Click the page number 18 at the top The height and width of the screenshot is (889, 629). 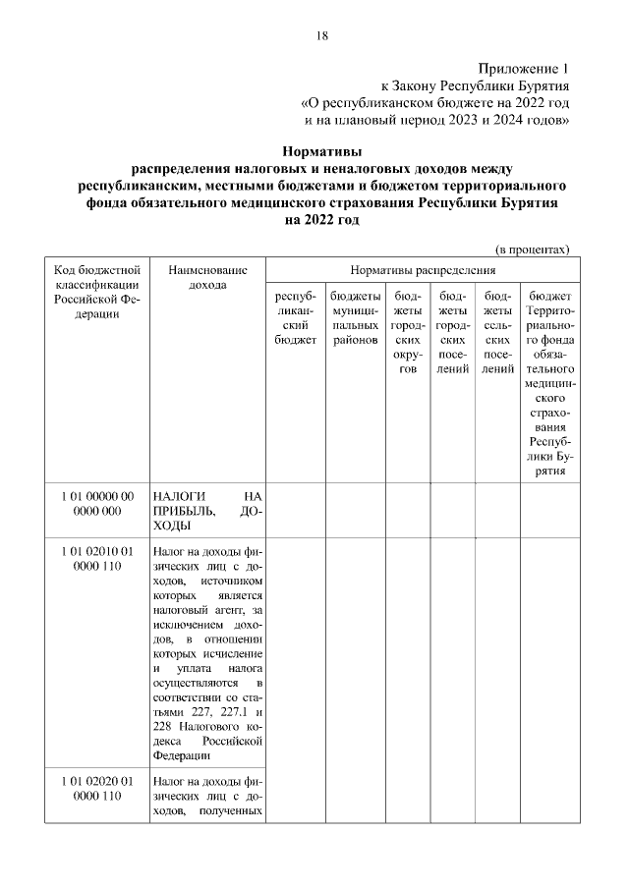320,36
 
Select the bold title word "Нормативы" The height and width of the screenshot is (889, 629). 321,152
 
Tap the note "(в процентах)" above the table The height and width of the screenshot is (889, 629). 532,250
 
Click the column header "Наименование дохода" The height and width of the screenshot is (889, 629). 207,276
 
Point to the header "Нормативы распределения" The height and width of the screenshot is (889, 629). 423,268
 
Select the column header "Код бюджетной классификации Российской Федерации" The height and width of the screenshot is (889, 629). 95,292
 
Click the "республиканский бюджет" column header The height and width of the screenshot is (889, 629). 296,317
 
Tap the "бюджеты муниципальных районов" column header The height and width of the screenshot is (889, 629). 355,317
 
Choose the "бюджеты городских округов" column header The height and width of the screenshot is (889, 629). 407,332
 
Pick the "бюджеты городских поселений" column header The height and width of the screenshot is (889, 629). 452,332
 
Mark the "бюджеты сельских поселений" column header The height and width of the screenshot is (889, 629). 497,332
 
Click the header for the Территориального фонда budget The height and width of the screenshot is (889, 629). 549,383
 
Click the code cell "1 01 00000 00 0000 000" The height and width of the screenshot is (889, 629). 95,504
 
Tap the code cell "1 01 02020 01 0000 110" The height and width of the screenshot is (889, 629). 95,789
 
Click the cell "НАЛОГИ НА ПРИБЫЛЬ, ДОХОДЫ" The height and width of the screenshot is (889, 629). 207,511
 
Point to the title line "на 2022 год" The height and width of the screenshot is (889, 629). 321,221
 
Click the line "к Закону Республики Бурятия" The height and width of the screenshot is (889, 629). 475,85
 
